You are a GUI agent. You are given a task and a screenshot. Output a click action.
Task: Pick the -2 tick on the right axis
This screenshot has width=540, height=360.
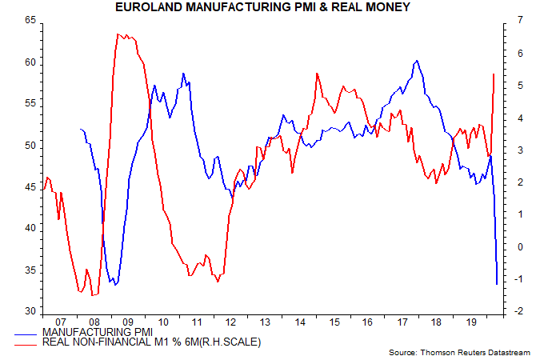point(509,311)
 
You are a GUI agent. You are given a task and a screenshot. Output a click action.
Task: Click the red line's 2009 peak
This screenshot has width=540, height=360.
point(118,34)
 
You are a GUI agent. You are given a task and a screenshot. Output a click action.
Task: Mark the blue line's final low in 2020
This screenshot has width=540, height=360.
point(497,284)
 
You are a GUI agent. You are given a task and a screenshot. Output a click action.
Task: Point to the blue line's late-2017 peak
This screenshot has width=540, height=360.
point(417,61)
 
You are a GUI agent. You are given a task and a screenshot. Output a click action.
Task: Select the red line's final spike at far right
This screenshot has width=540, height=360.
point(494,74)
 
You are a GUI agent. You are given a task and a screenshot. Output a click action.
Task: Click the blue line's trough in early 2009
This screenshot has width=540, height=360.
point(115,284)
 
